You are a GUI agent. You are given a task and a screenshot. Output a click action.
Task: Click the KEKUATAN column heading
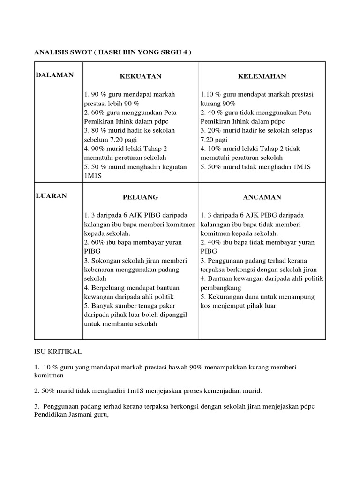click(x=140, y=76)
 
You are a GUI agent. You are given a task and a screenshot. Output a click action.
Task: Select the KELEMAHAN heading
click(x=262, y=76)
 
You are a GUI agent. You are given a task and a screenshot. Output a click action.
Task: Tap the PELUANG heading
click(x=140, y=197)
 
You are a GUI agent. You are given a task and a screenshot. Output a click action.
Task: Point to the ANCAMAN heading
click(x=262, y=197)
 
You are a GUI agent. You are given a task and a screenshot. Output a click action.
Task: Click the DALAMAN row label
click(x=54, y=75)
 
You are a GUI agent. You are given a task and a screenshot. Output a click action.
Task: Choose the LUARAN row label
click(x=52, y=196)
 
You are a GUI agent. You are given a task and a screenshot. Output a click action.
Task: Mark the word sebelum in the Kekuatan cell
click(x=95, y=139)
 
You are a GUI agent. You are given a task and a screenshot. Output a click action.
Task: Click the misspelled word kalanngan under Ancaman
click(x=217, y=224)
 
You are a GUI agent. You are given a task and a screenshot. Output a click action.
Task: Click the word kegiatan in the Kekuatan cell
click(x=173, y=166)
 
